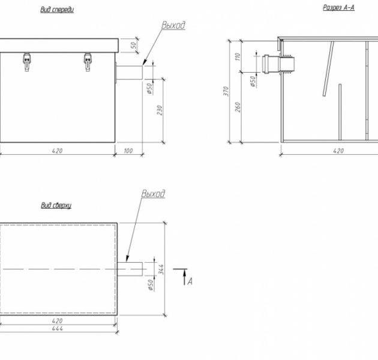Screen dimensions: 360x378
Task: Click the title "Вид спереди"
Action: coord(57,10)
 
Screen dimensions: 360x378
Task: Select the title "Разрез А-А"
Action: coord(339,8)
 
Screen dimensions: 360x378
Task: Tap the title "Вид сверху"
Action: coord(56,205)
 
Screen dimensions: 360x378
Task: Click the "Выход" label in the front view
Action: coord(173,26)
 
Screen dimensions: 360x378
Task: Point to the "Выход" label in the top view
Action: coord(153,194)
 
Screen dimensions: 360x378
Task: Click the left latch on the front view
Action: coord(26,61)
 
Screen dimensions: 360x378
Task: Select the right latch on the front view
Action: coord(88,61)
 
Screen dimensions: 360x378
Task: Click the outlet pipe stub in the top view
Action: coord(130,268)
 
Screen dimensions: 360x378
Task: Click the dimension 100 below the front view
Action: coord(128,151)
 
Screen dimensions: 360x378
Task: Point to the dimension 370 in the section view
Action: coord(226,91)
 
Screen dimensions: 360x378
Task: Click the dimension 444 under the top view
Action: coord(58,328)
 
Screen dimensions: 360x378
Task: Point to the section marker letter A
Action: coord(190,280)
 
